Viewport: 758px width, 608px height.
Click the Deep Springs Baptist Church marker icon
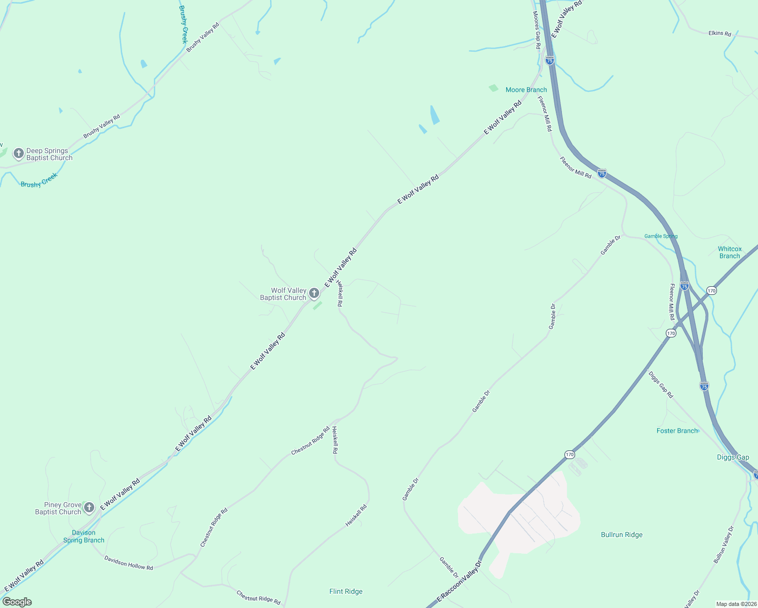pyautogui.click(x=19, y=153)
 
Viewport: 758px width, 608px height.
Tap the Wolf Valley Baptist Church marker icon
pyautogui.click(x=314, y=293)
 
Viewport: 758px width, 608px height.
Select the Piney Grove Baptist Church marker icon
pyautogui.click(x=89, y=507)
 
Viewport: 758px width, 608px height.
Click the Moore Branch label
pyautogui.click(x=526, y=90)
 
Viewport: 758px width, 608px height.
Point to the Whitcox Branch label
pyautogui.click(x=730, y=252)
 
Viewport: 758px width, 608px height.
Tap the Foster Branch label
pyautogui.click(x=677, y=431)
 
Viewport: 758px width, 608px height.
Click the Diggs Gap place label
pyautogui.click(x=733, y=457)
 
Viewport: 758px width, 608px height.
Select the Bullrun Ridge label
pyautogui.click(x=622, y=535)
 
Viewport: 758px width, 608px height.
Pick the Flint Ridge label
pyautogui.click(x=346, y=591)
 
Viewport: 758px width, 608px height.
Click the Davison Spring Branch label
pyautogui.click(x=84, y=537)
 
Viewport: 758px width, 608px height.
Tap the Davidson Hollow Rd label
pyautogui.click(x=129, y=563)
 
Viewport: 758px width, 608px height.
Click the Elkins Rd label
pyautogui.click(x=719, y=33)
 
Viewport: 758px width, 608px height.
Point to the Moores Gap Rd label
pyautogui.click(x=537, y=30)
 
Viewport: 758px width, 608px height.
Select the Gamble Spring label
pyautogui.click(x=661, y=236)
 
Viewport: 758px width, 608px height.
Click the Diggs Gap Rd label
pyautogui.click(x=661, y=385)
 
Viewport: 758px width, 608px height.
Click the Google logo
pyautogui.click(x=17, y=602)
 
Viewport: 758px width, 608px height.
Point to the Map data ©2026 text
pyautogui.click(x=736, y=604)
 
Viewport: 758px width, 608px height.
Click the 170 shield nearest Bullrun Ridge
pyautogui.click(x=570, y=454)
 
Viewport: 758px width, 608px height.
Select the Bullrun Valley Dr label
pyautogui.click(x=724, y=545)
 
